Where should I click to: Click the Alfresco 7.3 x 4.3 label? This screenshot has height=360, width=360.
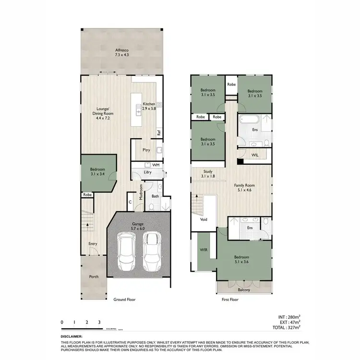tap(120, 53)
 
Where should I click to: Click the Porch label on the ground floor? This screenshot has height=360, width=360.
tap(94, 277)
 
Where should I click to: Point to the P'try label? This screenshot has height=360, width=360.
tap(146, 150)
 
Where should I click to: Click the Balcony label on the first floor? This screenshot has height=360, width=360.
tap(244, 290)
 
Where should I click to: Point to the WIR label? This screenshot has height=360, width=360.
tap(203, 251)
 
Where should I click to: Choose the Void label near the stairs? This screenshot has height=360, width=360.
tap(204, 220)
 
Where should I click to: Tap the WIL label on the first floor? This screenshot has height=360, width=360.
tap(255, 155)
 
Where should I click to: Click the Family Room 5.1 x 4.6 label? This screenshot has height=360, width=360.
tap(244, 187)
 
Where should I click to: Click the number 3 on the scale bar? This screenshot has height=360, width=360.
tap(99, 322)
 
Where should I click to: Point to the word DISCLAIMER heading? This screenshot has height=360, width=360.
tap(72, 337)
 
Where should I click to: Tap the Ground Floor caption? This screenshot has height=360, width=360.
tap(124, 300)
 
